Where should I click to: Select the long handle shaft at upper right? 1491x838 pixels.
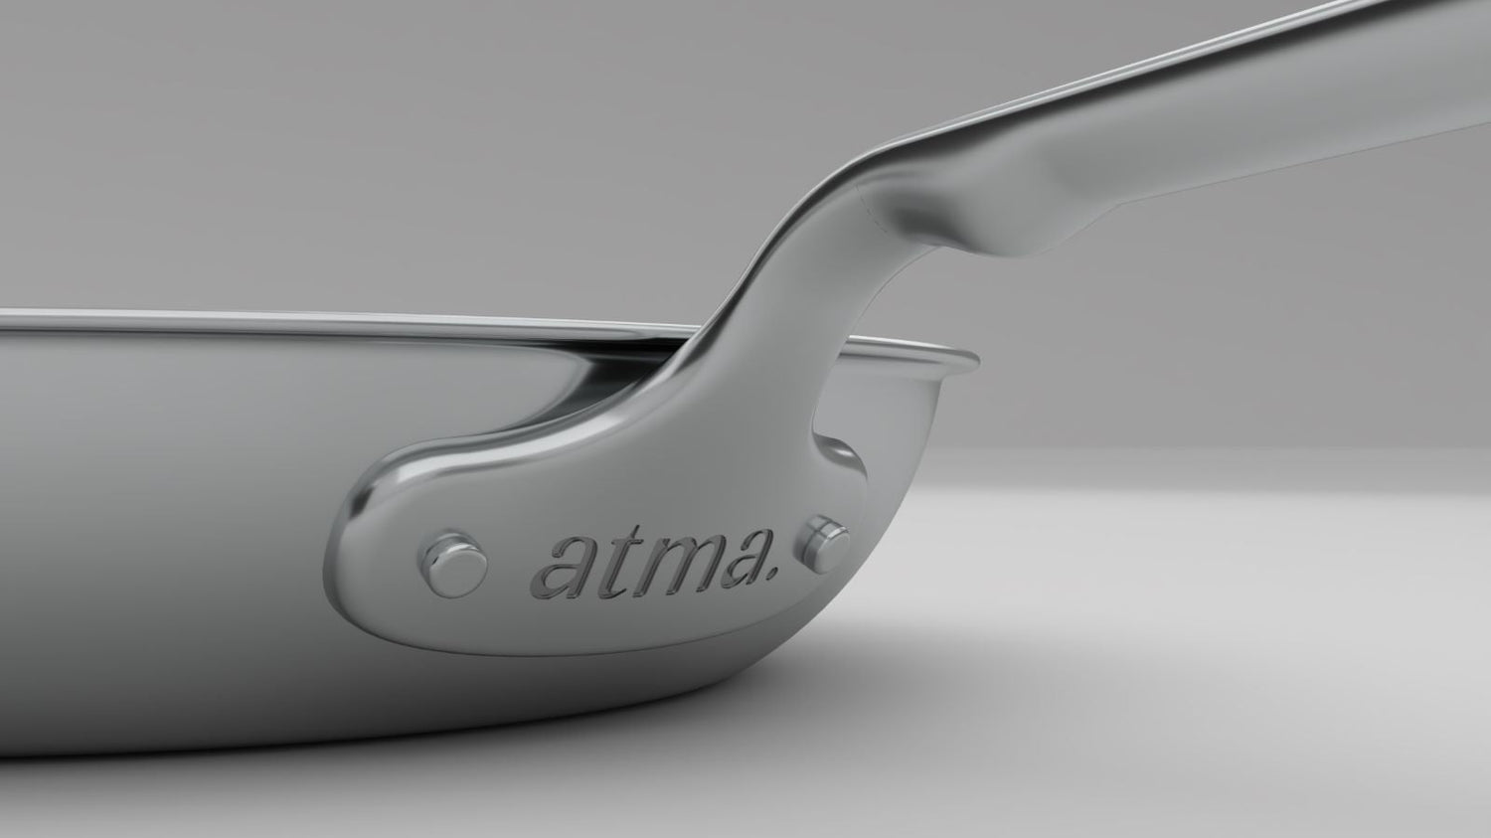(x=1242, y=119)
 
